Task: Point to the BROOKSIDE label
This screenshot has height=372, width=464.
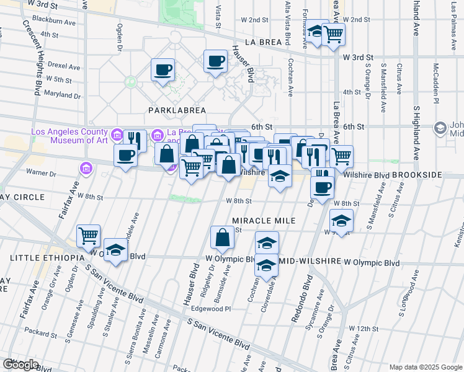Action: (417, 175)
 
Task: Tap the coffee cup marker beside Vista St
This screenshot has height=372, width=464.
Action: (215, 61)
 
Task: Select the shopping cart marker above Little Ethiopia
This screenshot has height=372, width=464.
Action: (89, 236)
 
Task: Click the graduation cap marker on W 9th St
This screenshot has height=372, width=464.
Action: (341, 221)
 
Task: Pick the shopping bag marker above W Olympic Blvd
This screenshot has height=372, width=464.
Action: (222, 237)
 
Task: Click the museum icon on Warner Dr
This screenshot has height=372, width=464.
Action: (86, 167)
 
